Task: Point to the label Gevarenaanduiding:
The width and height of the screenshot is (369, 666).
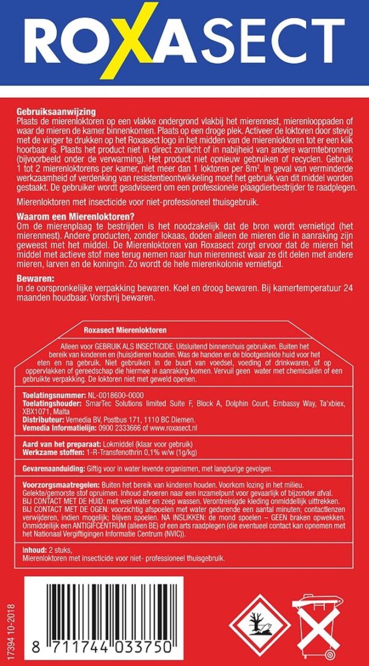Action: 45,467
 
